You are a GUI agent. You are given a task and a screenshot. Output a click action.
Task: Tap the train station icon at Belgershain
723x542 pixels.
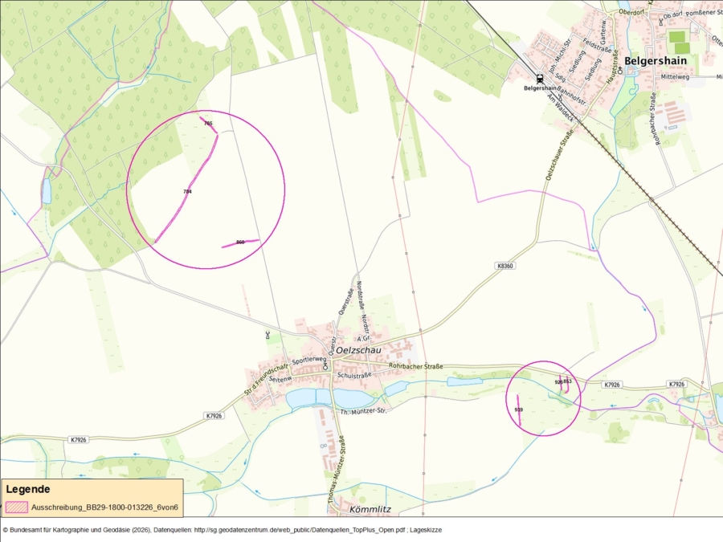(539, 79)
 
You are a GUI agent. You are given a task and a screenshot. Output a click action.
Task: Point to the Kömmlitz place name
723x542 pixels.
(370, 510)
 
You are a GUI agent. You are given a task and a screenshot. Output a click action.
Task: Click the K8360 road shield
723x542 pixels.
(504, 265)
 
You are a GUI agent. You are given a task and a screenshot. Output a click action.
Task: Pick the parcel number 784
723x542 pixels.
(187, 192)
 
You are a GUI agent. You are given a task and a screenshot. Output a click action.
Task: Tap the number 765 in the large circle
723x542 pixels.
(208, 123)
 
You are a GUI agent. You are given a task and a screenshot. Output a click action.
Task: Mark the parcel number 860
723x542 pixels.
(239, 242)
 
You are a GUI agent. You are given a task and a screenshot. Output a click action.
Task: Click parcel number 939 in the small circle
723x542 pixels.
(518, 410)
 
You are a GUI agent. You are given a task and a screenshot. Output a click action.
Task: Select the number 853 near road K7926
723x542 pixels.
(567, 381)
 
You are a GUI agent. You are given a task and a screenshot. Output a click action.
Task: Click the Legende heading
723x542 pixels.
(28, 489)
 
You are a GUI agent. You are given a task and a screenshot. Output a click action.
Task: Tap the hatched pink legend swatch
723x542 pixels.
(16, 507)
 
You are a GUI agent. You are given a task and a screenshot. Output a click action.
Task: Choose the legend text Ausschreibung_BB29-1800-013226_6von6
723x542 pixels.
(104, 507)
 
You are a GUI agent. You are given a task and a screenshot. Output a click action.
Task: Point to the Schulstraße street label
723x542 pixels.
(355, 375)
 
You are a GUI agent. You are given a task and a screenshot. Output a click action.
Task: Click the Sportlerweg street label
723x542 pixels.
(309, 361)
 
